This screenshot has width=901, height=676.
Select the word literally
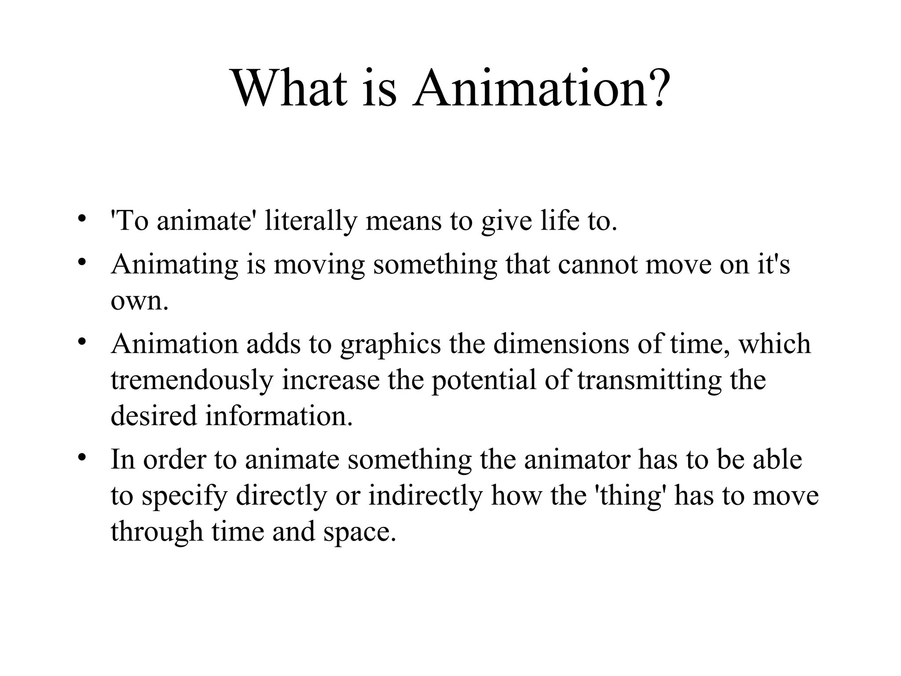coord(311,221)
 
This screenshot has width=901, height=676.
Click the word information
coord(279,416)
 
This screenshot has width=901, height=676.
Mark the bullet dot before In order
coord(81,458)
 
